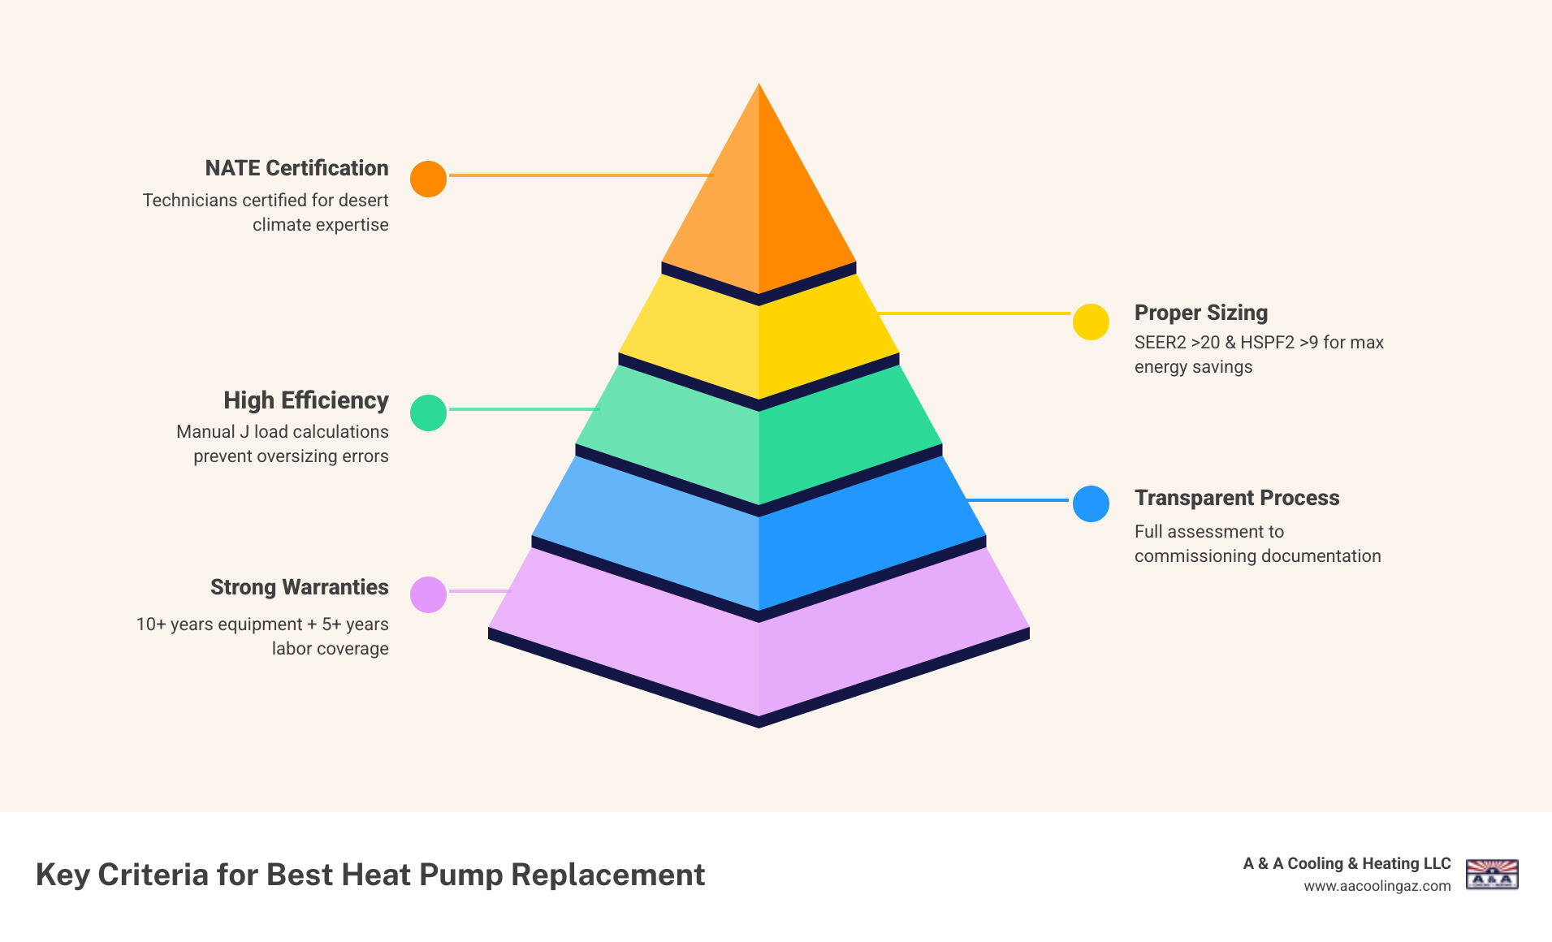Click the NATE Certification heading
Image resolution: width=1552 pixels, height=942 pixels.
coord(296,168)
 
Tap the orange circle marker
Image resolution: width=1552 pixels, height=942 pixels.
coord(428,179)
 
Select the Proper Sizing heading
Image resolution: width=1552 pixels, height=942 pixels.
coord(1200,313)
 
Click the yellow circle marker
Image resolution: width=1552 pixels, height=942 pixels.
coord(1091,322)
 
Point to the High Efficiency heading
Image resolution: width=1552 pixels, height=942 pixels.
coord(306,400)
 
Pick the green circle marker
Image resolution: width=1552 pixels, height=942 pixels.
coord(428,413)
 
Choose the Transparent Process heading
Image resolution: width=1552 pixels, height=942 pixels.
coord(1236,498)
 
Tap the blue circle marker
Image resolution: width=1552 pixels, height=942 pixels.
coord(1091,503)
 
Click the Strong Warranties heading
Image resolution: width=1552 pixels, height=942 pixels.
coord(299,587)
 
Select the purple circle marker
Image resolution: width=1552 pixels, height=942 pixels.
coord(428,594)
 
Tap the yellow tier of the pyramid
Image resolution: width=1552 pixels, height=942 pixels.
coord(759,341)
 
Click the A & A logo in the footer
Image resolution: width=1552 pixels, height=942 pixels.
coord(1491,875)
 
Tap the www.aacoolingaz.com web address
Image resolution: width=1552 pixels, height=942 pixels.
coord(1377,886)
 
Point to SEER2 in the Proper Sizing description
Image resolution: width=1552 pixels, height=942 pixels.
coord(1160,343)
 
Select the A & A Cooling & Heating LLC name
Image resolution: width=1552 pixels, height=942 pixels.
coord(1347,863)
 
